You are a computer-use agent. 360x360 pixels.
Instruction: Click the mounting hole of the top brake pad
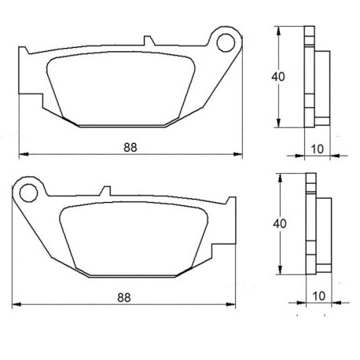[226, 42]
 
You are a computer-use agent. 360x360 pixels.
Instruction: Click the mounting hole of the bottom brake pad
[28, 193]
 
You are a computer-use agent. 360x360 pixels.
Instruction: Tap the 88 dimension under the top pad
[130, 147]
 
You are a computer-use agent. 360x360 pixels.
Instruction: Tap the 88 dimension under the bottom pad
[124, 298]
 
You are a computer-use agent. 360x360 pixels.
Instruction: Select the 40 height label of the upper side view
[278, 77]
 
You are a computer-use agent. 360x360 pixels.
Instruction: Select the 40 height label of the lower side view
[280, 223]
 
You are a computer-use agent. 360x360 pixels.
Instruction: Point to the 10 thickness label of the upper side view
[317, 149]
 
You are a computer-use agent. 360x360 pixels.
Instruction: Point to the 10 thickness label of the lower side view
[318, 296]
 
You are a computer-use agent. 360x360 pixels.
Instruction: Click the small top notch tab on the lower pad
[106, 191]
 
